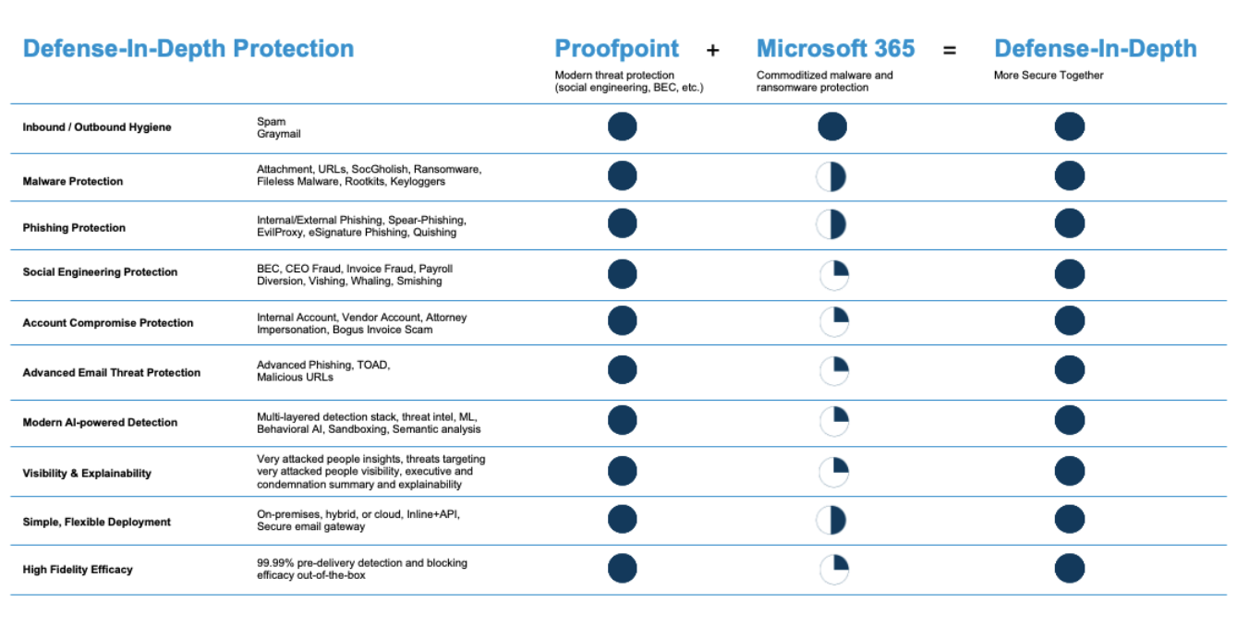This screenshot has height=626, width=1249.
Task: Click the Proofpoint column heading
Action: click(x=616, y=49)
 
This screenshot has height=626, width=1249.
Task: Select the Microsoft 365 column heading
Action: click(x=835, y=49)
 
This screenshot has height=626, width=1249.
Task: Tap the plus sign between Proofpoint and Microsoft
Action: click(x=712, y=51)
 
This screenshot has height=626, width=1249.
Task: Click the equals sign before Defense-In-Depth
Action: click(x=949, y=51)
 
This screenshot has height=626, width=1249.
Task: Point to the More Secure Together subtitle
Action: click(x=1049, y=76)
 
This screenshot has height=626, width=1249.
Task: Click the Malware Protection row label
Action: click(x=73, y=182)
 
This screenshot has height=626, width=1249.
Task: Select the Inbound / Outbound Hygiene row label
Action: click(x=97, y=127)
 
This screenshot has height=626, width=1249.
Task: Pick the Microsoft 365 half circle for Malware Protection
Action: click(x=831, y=175)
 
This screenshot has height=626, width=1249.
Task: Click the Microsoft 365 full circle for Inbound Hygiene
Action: click(x=831, y=126)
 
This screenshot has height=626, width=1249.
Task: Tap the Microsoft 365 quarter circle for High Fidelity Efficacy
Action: click(x=833, y=569)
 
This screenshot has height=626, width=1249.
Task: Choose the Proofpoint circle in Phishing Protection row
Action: click(x=622, y=223)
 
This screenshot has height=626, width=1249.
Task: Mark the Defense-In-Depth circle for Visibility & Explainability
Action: click(x=1069, y=471)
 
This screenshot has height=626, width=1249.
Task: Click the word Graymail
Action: click(x=278, y=134)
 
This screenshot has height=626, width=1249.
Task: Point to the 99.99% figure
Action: click(x=276, y=563)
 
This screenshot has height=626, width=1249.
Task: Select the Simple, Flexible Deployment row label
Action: click(x=97, y=523)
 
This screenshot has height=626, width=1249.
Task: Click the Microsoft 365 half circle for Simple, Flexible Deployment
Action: click(x=831, y=520)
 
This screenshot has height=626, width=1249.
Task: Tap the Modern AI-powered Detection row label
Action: click(x=100, y=423)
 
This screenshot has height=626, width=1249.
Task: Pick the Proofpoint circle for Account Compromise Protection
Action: click(x=622, y=320)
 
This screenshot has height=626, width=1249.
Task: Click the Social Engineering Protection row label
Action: click(x=100, y=272)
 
